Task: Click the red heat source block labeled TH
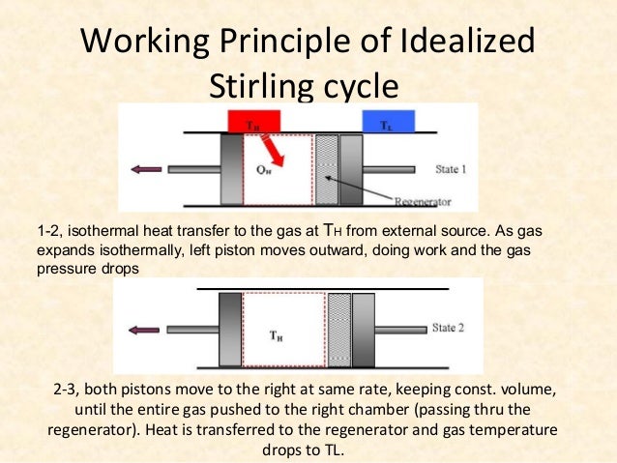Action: pos(254,122)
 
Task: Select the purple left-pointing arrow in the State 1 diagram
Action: pos(146,169)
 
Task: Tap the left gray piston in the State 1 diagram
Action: pos(231,169)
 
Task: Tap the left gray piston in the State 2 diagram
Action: pos(230,329)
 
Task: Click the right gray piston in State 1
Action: pos(351,169)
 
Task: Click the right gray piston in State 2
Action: pos(363,329)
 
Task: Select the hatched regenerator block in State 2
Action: pos(338,329)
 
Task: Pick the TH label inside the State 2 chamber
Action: pos(277,335)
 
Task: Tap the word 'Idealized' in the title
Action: pos(463,43)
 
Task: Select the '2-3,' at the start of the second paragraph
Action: pos(71,390)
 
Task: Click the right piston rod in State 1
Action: pos(392,169)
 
